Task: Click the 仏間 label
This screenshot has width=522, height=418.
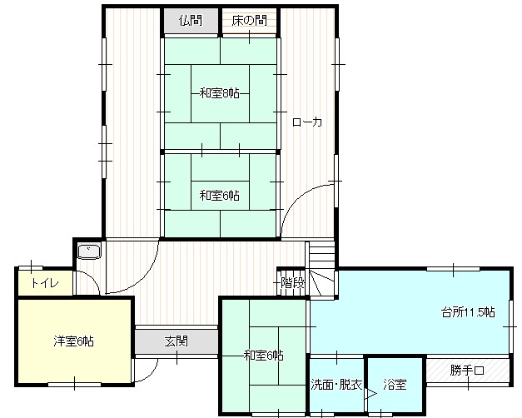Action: click(x=191, y=21)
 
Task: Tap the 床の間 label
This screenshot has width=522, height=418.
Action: click(x=250, y=21)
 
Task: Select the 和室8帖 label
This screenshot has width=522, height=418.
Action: click(x=220, y=93)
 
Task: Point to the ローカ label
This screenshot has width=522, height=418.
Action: click(x=307, y=122)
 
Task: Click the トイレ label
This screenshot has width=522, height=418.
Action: click(x=45, y=283)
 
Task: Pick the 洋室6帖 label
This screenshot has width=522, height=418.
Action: click(x=73, y=341)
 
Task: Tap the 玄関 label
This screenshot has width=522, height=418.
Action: click(x=176, y=341)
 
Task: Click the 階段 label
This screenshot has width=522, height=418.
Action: click(x=292, y=283)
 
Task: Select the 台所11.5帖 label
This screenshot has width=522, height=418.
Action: click(x=468, y=312)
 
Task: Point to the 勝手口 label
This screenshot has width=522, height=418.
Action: click(x=467, y=370)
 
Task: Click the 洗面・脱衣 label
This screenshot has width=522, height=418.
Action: click(x=336, y=385)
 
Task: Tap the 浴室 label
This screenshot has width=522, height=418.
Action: click(x=395, y=385)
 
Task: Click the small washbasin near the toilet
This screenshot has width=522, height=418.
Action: click(x=88, y=251)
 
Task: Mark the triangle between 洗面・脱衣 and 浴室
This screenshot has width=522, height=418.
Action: click(x=370, y=394)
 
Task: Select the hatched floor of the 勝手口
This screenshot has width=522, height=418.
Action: click(x=467, y=370)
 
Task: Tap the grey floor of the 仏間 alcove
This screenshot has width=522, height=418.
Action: click(x=191, y=21)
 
